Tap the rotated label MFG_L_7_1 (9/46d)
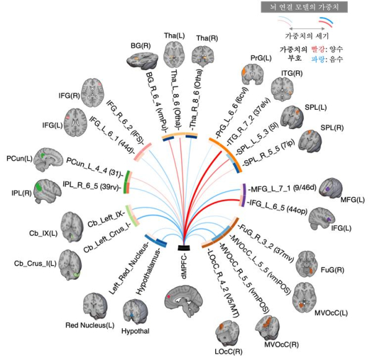click(x=282, y=187)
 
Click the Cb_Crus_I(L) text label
click(x=40, y=263)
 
